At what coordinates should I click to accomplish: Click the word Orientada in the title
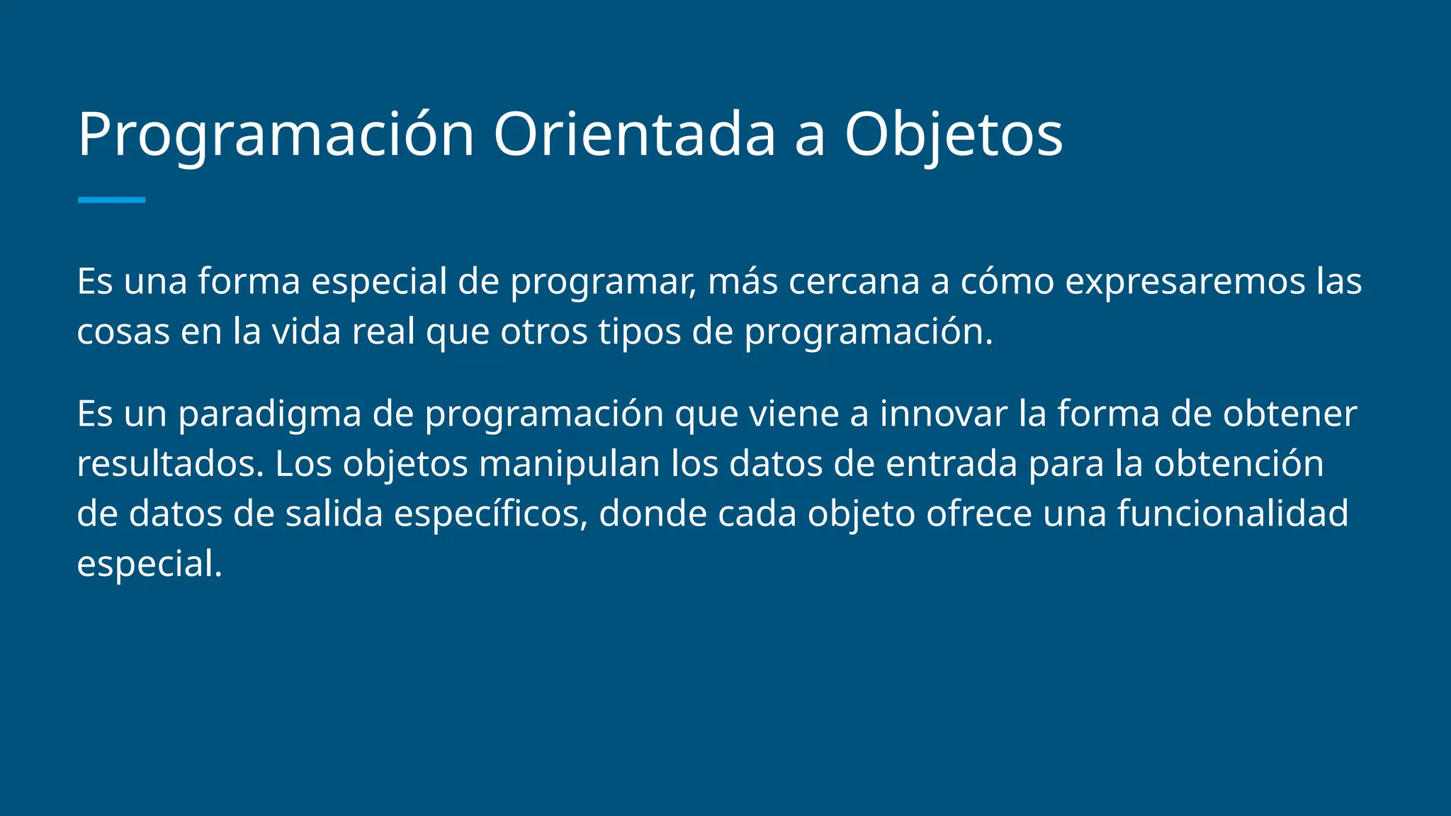pyautogui.click(x=634, y=135)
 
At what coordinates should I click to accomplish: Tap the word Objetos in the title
pyautogui.click(x=953, y=135)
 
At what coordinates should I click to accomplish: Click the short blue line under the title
pyautogui.click(x=111, y=200)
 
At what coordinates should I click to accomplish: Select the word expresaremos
pyautogui.click(x=1185, y=281)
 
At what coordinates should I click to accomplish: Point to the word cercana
pyautogui.click(x=853, y=281)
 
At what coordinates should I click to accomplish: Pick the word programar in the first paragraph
pyautogui.click(x=602, y=281)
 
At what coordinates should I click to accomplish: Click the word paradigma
pyautogui.click(x=270, y=414)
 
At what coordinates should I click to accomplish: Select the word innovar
pyautogui.click(x=943, y=414)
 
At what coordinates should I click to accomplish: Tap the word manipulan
pyautogui.click(x=569, y=464)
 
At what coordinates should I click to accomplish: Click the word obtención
pyautogui.click(x=1238, y=464)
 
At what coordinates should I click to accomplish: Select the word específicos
pyautogui.click(x=490, y=514)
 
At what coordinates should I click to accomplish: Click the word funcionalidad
pyautogui.click(x=1233, y=514)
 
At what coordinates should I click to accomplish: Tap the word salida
pyautogui.click(x=334, y=514)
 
